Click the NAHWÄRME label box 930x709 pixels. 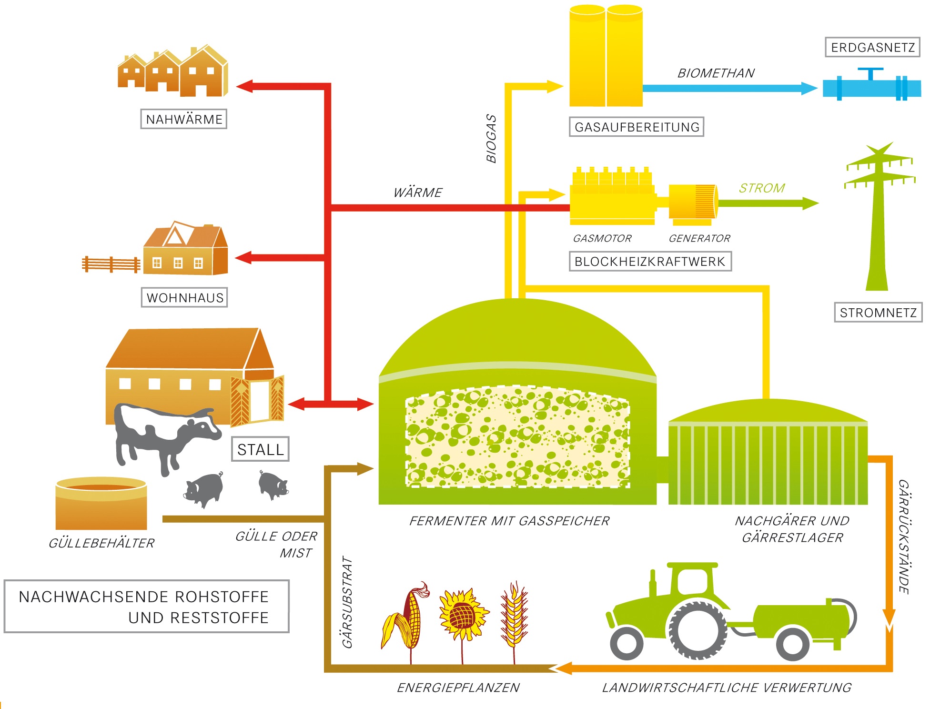184,119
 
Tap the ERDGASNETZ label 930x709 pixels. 872,48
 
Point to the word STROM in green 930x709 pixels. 762,188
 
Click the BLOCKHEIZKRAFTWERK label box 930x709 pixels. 650,262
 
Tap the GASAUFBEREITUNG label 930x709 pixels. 637,127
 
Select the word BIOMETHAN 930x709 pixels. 716,73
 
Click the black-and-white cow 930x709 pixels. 162,434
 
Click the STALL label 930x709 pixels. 260,449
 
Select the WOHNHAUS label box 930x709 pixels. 184,298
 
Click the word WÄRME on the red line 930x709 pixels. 418,193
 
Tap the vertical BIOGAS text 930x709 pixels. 491,138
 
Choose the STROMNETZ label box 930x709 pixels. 878,313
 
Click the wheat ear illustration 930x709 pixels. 514,615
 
